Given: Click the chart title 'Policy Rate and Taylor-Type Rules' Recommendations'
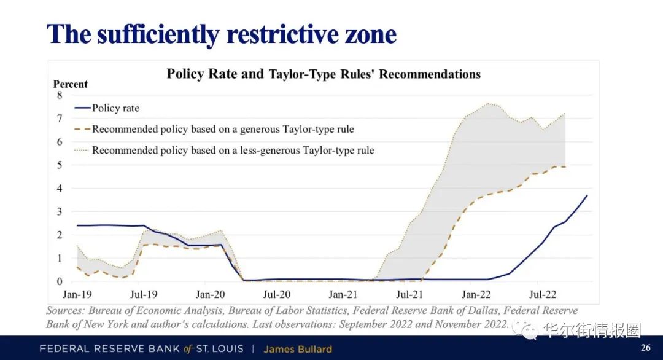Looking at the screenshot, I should point(324,74).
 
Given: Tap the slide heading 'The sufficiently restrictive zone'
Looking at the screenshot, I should point(222,34).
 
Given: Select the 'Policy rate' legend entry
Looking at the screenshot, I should point(115,108).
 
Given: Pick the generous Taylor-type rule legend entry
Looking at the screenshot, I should point(223,129).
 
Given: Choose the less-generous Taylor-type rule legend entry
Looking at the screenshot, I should point(233,150).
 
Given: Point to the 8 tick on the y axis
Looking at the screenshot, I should point(60,95).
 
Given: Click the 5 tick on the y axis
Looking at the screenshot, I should point(60,165).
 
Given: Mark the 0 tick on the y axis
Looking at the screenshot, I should point(60,281).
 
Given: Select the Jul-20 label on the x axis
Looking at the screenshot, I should point(277,294).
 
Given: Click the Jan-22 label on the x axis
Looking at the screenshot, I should point(476,294).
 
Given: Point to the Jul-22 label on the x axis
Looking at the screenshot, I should point(543,294).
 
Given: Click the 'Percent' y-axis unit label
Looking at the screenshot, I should point(71,84).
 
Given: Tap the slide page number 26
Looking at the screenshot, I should point(645,348).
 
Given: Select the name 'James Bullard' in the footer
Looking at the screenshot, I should point(298,349).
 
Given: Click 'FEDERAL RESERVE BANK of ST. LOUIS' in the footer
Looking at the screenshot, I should point(142,349).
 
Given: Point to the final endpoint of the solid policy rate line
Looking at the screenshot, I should point(587,195).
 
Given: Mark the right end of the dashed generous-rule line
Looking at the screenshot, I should point(564,166).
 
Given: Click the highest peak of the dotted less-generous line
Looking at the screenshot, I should point(487,103).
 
